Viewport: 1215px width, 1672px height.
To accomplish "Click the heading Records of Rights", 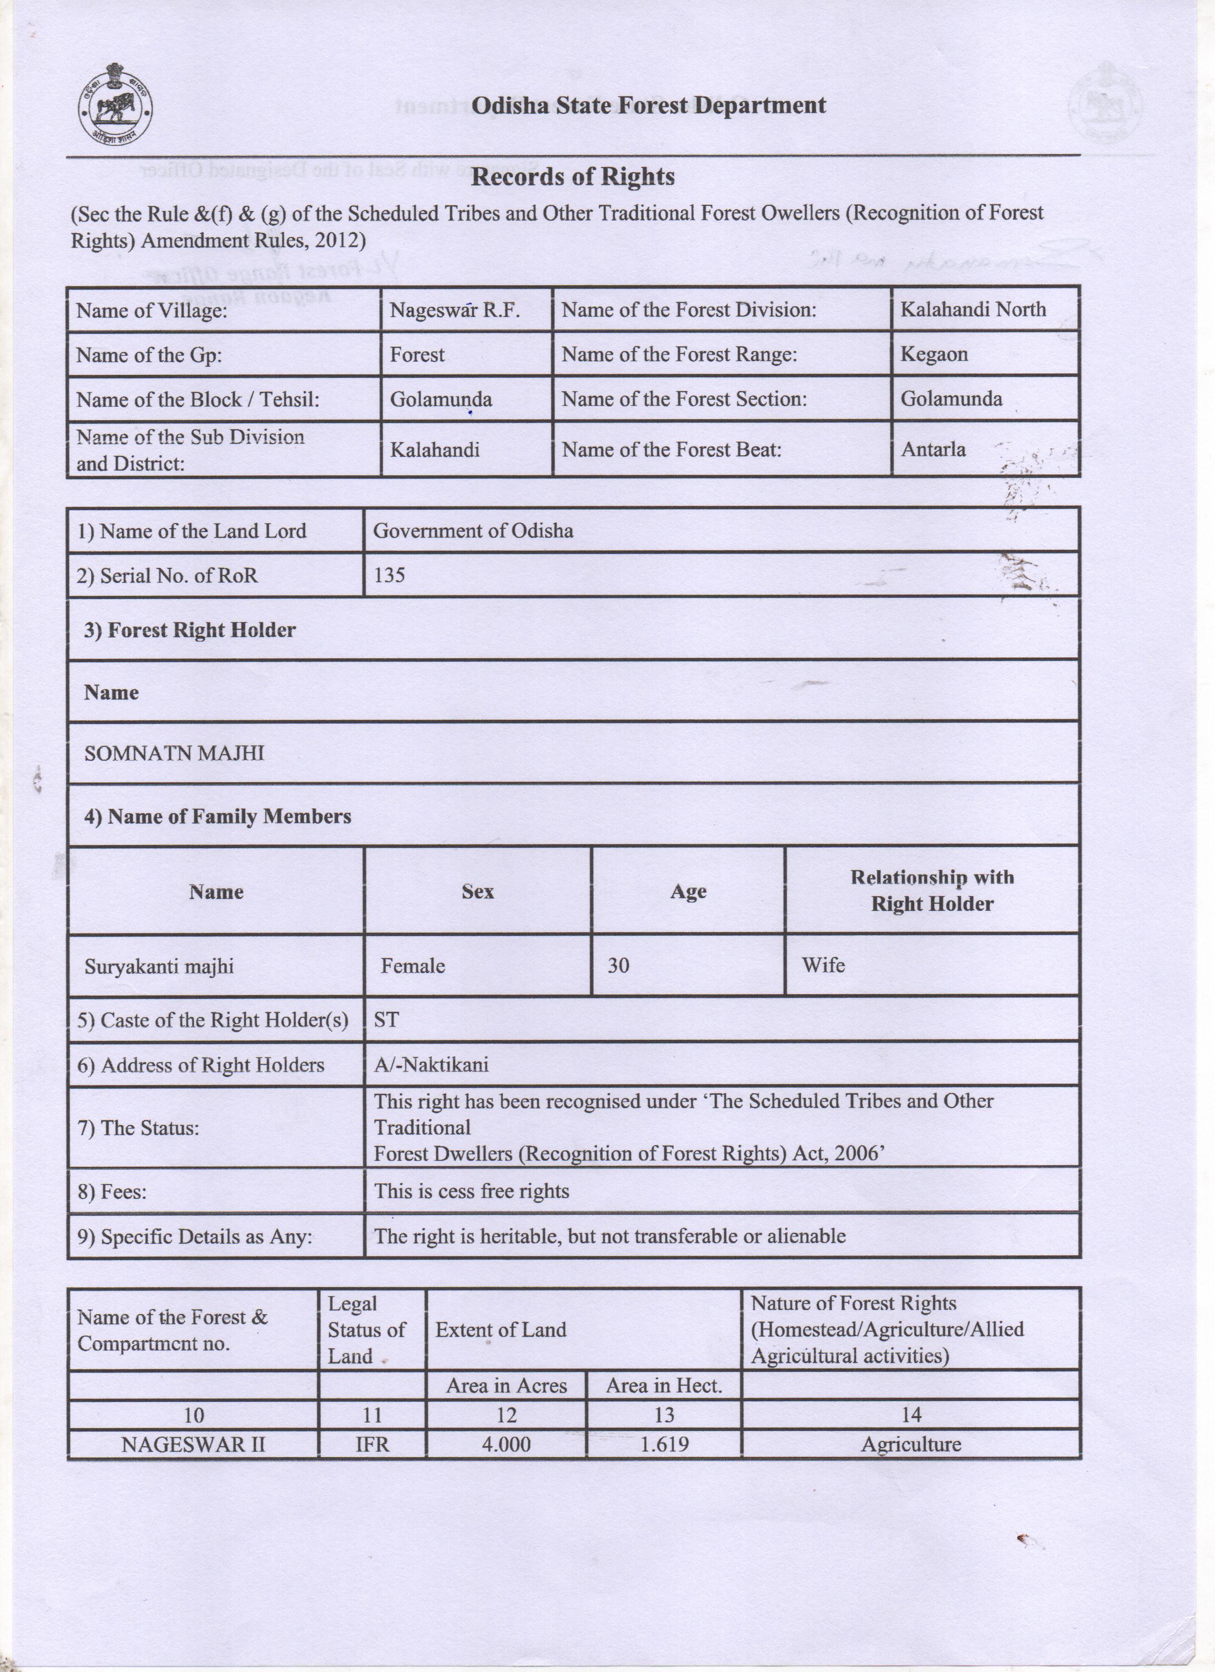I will (572, 177).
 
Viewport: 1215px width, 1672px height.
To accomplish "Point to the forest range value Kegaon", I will (933, 354).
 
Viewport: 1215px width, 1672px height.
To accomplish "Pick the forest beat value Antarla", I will (932, 449).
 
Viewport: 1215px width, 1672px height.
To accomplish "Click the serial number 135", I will (389, 575).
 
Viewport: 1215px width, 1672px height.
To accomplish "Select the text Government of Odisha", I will (473, 531).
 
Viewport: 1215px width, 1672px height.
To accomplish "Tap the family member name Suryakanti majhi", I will (159, 966).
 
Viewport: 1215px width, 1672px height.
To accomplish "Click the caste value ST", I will (386, 1019).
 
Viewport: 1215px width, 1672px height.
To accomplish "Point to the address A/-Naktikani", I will (431, 1065).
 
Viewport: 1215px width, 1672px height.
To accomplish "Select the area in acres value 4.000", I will (506, 1444).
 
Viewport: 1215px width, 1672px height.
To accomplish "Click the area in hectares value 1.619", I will (664, 1444).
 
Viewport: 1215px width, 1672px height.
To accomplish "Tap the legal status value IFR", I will (372, 1444).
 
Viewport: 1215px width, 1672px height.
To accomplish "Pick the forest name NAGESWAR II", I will (193, 1444).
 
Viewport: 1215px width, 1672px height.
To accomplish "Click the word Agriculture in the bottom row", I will (911, 1444).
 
